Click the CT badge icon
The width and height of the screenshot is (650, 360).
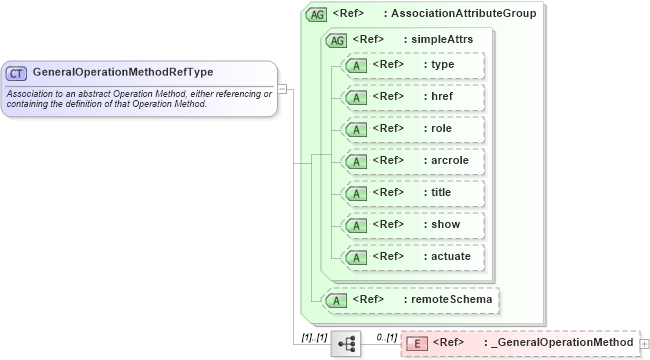tap(17, 73)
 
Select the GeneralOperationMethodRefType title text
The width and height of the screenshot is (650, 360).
tap(122, 72)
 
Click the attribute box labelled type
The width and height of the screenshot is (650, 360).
tap(412, 65)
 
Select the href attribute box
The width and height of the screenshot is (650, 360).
tap(412, 97)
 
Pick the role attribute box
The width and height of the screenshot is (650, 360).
tap(412, 129)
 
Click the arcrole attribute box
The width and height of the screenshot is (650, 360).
tap(412, 161)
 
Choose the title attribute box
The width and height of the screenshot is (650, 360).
tap(412, 193)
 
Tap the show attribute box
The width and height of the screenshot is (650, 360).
tap(412, 225)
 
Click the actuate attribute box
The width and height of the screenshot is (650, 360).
tap(412, 257)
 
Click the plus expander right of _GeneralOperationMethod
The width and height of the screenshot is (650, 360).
tap(643, 344)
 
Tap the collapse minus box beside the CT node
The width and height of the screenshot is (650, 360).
tap(283, 89)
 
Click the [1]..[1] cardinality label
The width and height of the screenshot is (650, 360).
tap(314, 337)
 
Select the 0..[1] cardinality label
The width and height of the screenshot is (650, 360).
tap(386, 337)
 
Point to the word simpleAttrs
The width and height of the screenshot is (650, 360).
tap(438, 40)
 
